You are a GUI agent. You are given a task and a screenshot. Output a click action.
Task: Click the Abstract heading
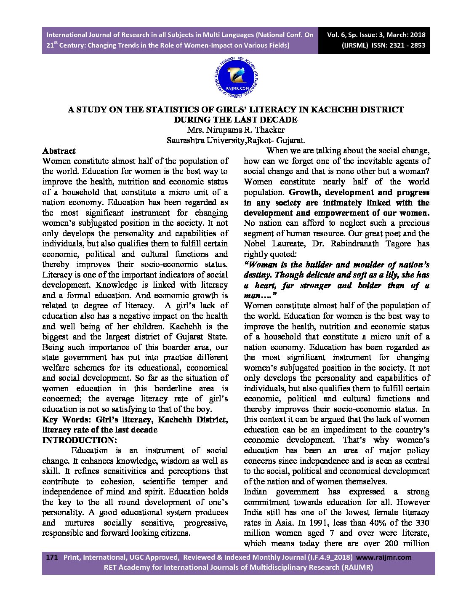(59, 151)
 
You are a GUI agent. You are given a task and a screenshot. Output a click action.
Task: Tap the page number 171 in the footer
(51, 557)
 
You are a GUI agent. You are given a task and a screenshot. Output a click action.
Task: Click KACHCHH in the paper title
(338, 110)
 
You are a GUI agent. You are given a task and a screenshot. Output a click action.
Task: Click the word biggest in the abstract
(56, 337)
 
